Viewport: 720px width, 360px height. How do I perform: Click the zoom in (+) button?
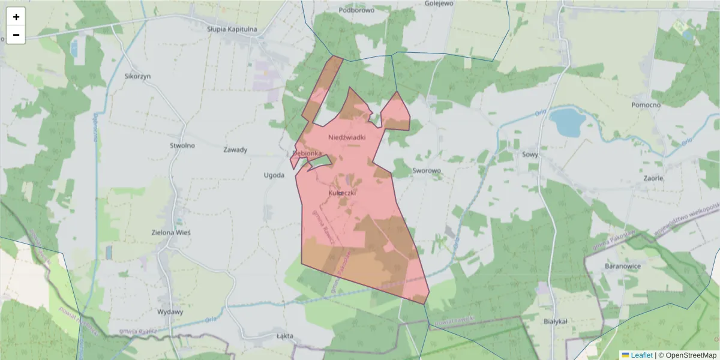16,17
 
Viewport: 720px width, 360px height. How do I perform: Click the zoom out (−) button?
16,35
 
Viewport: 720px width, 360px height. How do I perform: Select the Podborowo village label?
356,10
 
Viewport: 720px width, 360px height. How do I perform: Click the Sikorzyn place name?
137,76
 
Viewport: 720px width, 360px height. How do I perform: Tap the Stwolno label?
182,145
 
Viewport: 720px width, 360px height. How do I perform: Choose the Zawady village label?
235,149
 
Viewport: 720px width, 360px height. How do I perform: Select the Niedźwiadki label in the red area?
347,137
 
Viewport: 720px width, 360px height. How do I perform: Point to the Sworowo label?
427,170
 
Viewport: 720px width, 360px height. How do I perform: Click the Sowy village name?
530,154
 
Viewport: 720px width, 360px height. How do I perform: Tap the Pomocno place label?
646,105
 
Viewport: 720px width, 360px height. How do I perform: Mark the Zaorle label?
653,178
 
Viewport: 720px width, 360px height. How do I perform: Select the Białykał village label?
555,321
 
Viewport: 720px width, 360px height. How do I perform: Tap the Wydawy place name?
170,312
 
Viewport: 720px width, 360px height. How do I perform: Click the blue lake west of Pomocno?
566,122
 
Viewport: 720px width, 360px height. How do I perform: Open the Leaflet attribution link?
641,355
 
